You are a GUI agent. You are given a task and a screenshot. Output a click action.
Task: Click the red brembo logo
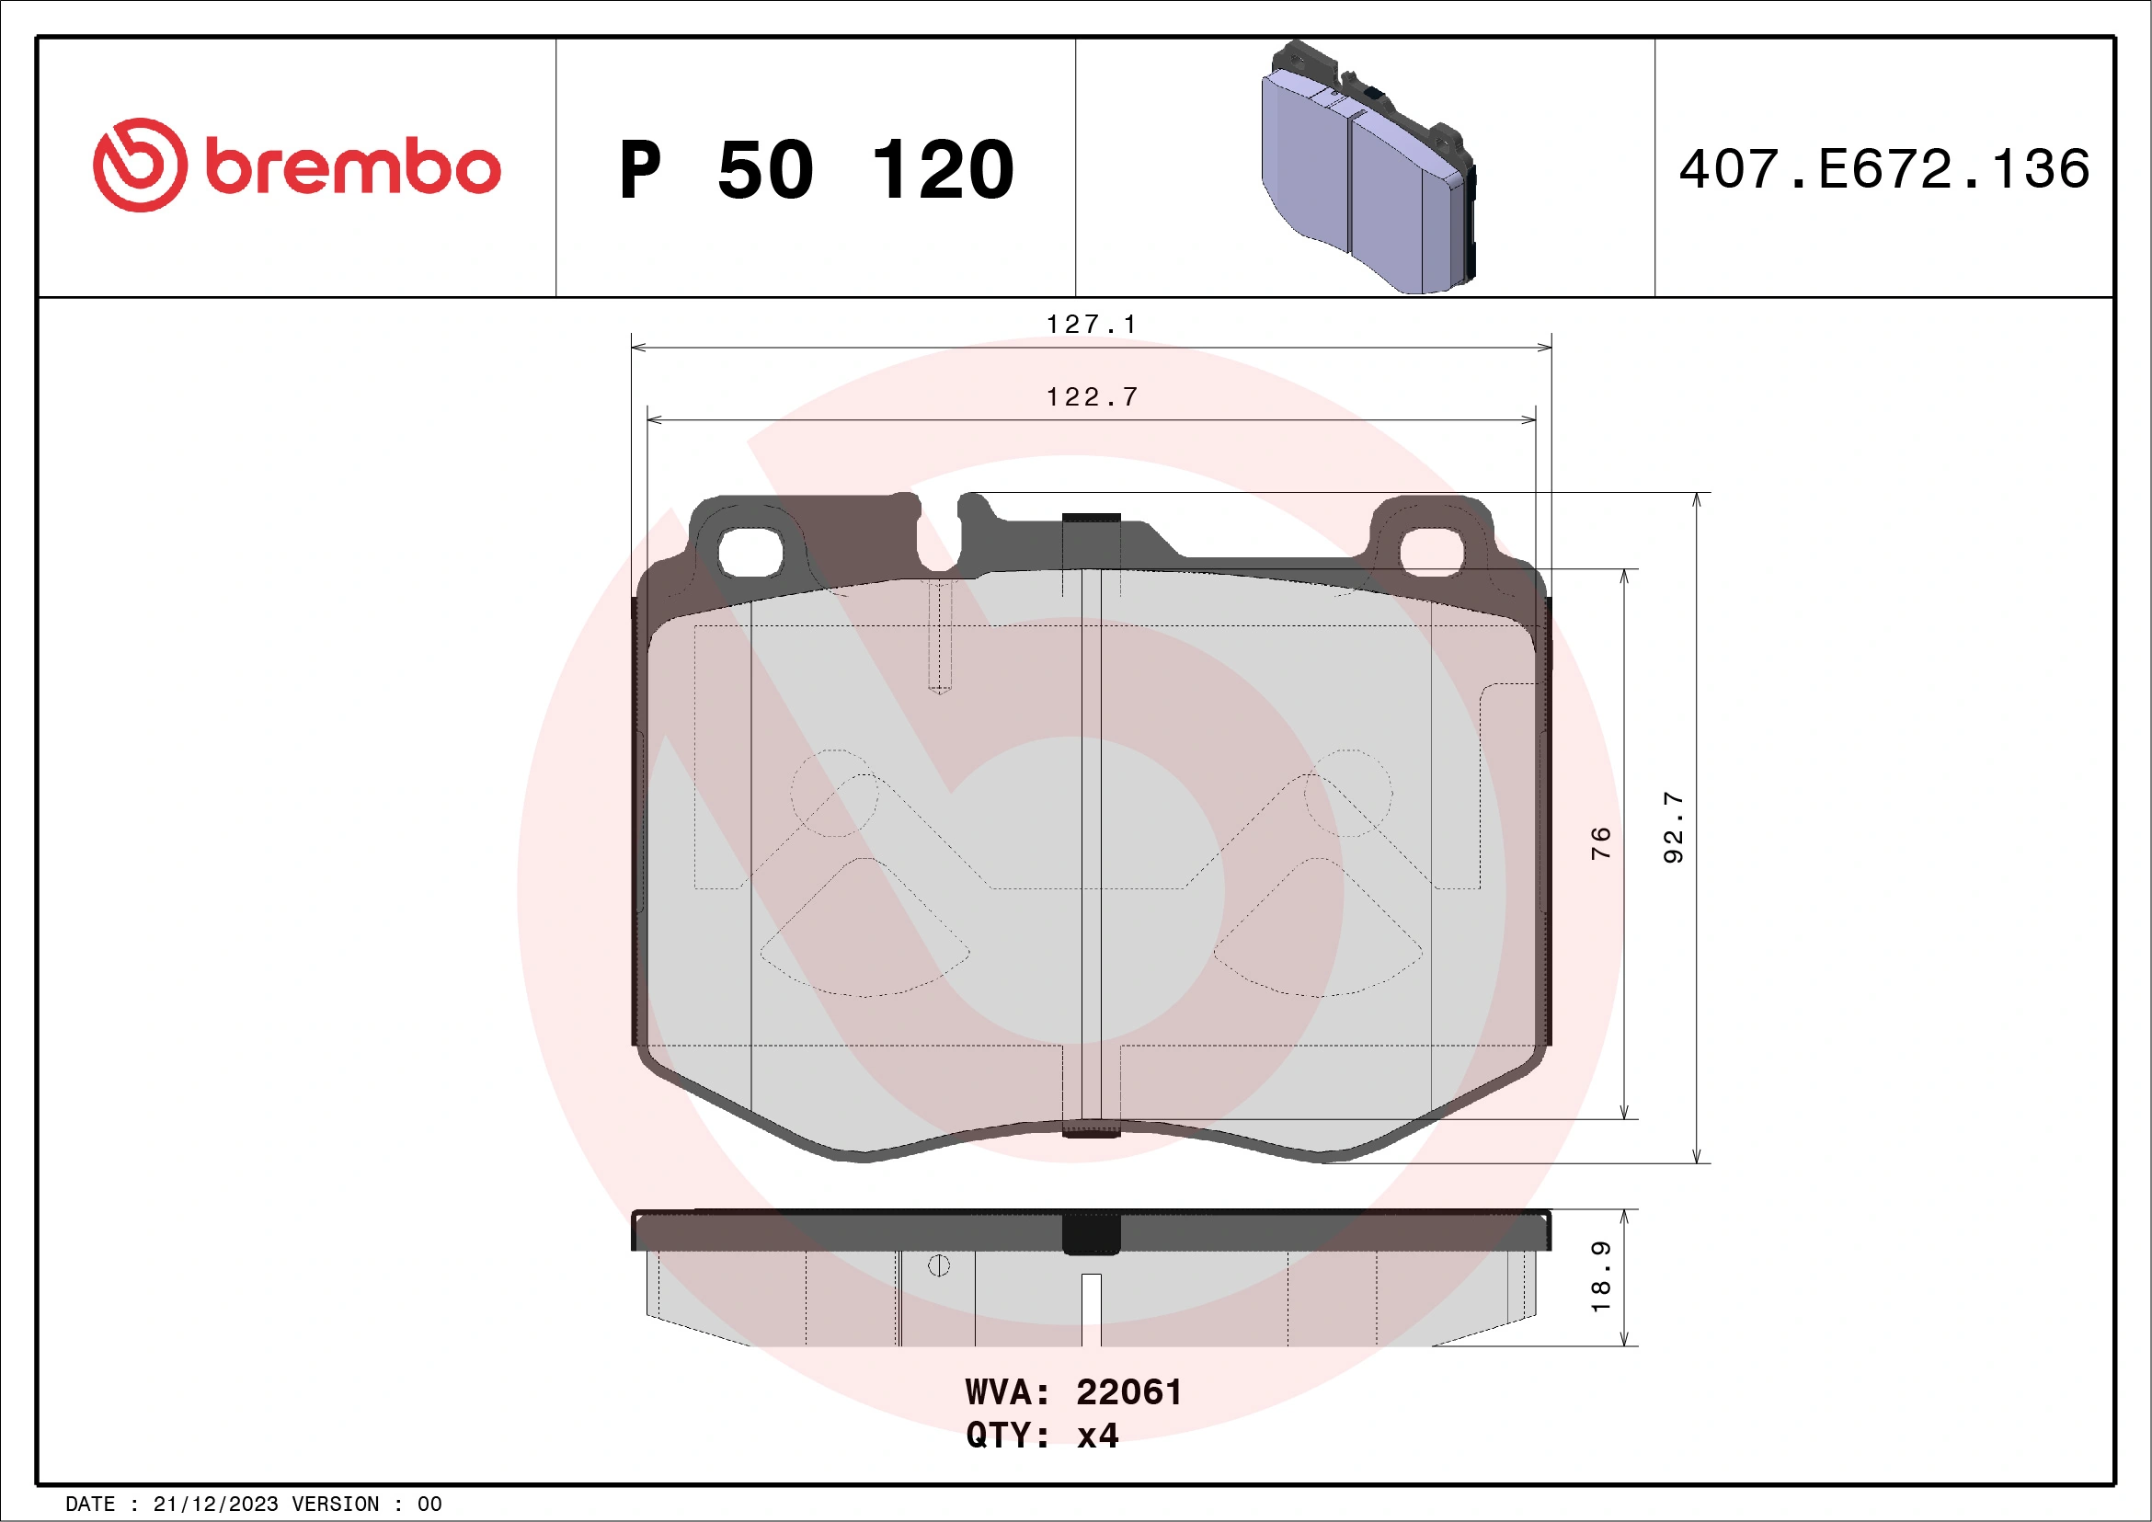[296, 166]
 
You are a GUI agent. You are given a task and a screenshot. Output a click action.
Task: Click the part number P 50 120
[816, 169]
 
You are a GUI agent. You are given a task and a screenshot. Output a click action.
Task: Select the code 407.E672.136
[1884, 168]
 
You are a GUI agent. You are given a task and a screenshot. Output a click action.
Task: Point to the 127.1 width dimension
[1091, 325]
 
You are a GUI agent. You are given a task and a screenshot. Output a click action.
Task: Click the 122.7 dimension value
[1092, 397]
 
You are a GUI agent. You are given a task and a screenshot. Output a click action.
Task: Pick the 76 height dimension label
[1601, 842]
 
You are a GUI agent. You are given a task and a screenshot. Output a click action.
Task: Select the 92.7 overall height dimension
[1673, 828]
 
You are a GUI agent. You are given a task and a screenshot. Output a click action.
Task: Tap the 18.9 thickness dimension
[1601, 1277]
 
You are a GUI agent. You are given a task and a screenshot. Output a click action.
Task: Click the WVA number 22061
[1128, 1392]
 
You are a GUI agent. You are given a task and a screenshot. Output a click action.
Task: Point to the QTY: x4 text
[1042, 1436]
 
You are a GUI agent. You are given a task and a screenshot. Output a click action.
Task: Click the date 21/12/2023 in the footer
[215, 1505]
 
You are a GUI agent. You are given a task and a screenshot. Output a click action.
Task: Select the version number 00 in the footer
[429, 1505]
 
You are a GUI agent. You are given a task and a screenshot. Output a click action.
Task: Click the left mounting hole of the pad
[750, 552]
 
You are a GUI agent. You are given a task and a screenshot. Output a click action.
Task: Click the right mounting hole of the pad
[1430, 551]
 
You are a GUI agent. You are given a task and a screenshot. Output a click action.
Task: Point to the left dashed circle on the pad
[834, 793]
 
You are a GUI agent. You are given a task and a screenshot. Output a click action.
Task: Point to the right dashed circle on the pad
[1348, 793]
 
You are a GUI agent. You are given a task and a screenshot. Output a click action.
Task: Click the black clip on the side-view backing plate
[1091, 1233]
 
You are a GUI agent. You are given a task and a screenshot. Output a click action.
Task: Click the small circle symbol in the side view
[938, 1266]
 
